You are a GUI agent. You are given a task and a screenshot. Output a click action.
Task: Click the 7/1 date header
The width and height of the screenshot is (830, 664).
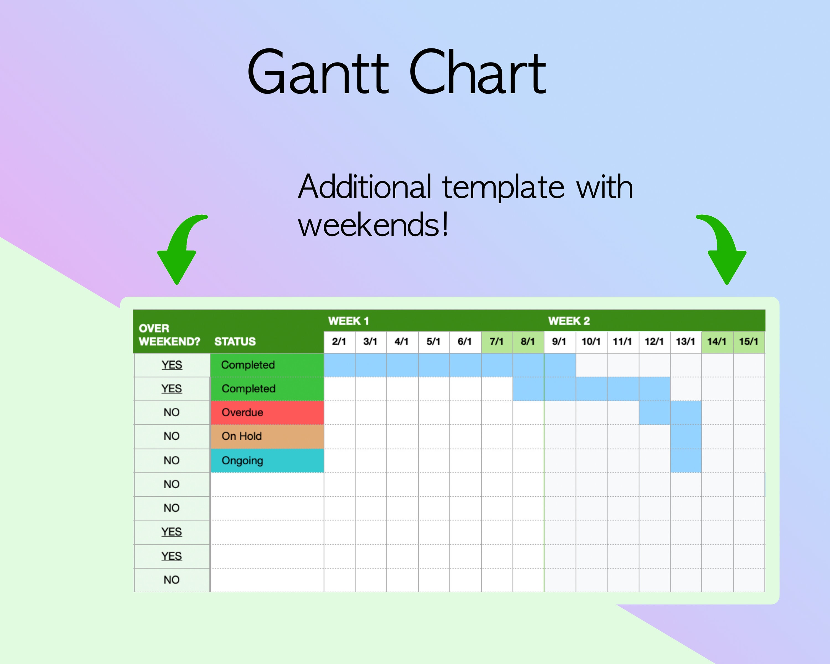coord(496,341)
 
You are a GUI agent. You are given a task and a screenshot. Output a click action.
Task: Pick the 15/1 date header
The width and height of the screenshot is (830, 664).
coord(748,341)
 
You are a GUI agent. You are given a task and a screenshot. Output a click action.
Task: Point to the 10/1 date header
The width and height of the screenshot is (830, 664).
coord(591,341)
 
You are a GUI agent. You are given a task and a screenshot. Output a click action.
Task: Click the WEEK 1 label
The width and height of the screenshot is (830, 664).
coord(348,321)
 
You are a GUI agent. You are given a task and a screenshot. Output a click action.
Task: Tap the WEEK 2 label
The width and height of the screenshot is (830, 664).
coord(569,321)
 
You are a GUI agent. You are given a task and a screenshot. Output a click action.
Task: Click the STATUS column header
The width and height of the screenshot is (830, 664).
coord(235,341)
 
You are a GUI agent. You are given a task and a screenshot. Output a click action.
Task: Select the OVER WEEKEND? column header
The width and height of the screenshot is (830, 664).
coord(169,335)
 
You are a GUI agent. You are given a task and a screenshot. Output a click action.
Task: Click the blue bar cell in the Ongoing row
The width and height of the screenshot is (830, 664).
coord(686,460)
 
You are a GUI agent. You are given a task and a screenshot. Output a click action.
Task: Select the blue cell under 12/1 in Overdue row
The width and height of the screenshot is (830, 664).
coord(654,412)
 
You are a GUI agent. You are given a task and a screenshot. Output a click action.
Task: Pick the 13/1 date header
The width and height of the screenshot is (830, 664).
coord(685,341)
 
